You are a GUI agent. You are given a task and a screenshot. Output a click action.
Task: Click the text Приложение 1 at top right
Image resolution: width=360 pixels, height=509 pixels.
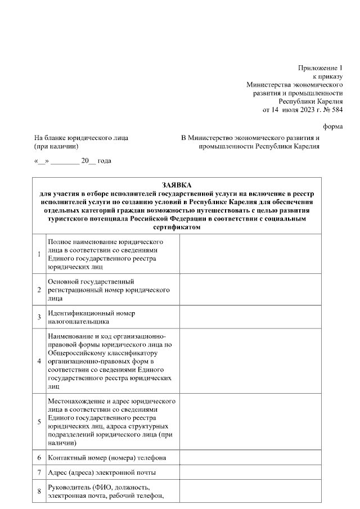pyautogui.click(x=320, y=68)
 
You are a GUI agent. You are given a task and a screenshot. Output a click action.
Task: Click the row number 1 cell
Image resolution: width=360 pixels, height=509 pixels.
pyautogui.click(x=39, y=254)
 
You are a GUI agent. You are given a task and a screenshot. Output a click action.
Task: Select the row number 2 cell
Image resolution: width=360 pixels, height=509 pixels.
pyautogui.click(x=39, y=290)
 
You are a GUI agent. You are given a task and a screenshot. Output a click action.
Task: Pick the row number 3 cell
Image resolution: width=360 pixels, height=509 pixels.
pyautogui.click(x=39, y=317)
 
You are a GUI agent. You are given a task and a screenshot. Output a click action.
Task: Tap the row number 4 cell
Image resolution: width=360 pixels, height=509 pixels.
pyautogui.click(x=39, y=361)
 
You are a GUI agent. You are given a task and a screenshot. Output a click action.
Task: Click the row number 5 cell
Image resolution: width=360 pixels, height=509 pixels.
pyautogui.click(x=39, y=422)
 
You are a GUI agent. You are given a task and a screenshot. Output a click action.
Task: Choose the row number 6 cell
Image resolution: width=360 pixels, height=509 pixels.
pyautogui.click(x=39, y=458)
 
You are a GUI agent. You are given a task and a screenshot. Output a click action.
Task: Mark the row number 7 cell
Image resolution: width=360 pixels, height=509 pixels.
pyautogui.click(x=39, y=472)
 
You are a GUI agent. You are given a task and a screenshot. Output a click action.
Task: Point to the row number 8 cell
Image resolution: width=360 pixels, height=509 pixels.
pyautogui.click(x=39, y=492)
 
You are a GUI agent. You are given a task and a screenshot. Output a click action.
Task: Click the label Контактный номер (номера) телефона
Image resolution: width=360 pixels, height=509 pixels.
pyautogui.click(x=107, y=458)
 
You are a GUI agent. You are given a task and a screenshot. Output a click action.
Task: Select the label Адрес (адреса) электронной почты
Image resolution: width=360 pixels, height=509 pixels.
pyautogui.click(x=102, y=472)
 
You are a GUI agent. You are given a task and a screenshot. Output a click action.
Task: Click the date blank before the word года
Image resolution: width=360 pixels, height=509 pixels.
pyautogui.click(x=65, y=161)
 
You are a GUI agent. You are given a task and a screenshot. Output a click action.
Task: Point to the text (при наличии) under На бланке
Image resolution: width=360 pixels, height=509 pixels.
pyautogui.click(x=56, y=146)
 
